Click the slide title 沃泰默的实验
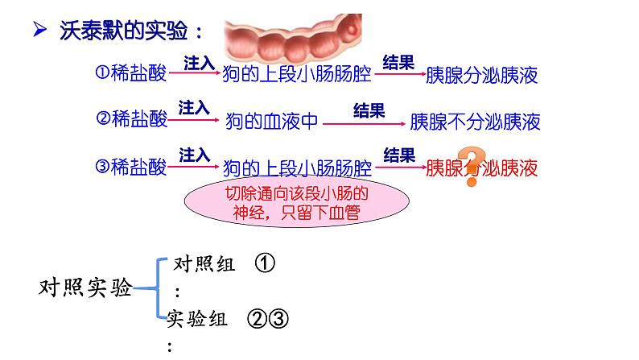pyautogui.click(x=123, y=31)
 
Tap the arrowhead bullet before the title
pyautogui.click(x=39, y=29)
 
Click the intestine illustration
pyautogui.click(x=293, y=39)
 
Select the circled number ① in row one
pyautogui.click(x=102, y=72)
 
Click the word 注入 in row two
pyautogui.click(x=194, y=108)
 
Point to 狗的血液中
pyautogui.click(x=271, y=121)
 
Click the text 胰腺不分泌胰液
pyautogui.click(x=475, y=122)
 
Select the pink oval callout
pyautogui.click(x=297, y=201)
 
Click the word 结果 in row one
pyautogui.click(x=398, y=63)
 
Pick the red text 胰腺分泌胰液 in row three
pyautogui.click(x=482, y=168)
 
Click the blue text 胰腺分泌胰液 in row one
pyautogui.click(x=482, y=75)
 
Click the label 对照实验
pyautogui.click(x=85, y=288)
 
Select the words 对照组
pyautogui.click(x=204, y=264)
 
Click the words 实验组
pyautogui.click(x=196, y=318)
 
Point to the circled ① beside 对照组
pyautogui.click(x=265, y=263)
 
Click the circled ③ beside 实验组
pyautogui.click(x=278, y=318)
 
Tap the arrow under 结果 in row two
pyautogui.click(x=364, y=123)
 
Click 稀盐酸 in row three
pyautogui.click(x=138, y=167)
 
